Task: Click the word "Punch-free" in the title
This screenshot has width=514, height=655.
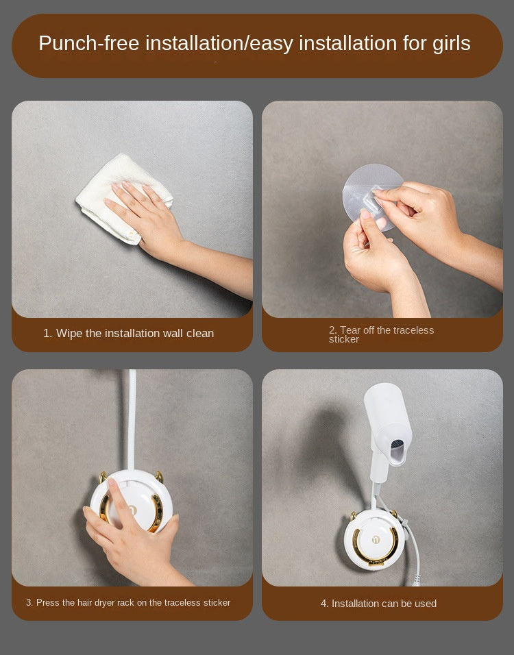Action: (88, 43)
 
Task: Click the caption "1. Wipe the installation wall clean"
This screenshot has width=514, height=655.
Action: (129, 334)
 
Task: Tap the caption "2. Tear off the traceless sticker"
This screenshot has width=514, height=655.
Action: (381, 334)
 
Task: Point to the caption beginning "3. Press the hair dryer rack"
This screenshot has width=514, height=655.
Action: (128, 602)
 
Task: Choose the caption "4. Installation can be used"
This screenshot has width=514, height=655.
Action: (378, 603)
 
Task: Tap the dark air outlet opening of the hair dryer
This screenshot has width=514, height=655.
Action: (397, 452)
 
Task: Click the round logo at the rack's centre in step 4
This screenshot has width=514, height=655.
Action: (375, 540)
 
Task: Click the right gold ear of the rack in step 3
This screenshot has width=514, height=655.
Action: (159, 476)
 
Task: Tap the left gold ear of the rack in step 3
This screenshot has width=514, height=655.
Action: (102, 477)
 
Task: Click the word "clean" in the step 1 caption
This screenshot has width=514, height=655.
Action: (200, 334)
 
